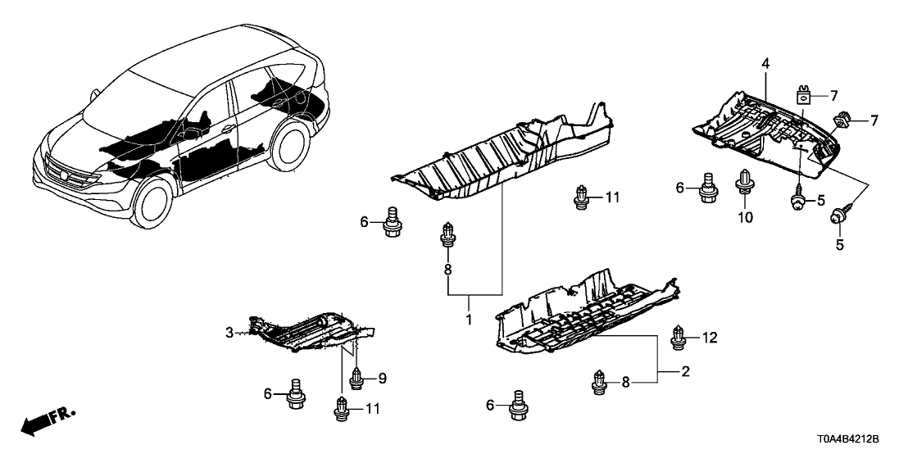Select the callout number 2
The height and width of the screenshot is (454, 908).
pyautogui.click(x=685, y=372)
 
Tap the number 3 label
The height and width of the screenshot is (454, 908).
pyautogui.click(x=230, y=332)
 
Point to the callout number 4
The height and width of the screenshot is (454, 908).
pyautogui.click(x=765, y=63)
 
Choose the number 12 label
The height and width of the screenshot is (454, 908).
pyautogui.click(x=709, y=336)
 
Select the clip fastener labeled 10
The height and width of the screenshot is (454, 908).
pyautogui.click(x=746, y=182)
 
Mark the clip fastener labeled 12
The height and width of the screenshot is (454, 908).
pyautogui.click(x=679, y=336)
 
